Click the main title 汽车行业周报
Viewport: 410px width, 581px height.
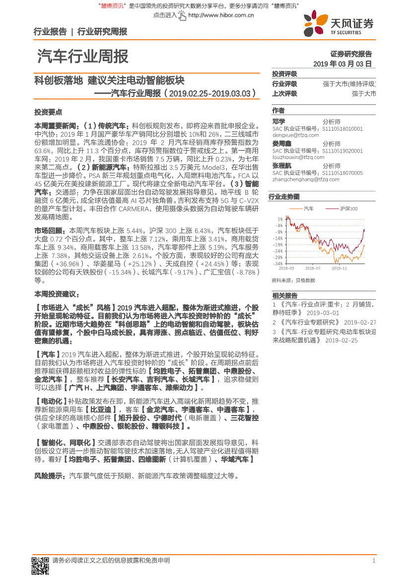[x=83, y=57]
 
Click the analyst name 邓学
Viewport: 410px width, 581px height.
[x=278, y=121]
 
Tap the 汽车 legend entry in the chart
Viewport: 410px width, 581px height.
[x=308, y=209]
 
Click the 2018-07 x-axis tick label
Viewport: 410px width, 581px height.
[x=312, y=268]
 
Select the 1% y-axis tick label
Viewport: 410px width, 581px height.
[x=280, y=219]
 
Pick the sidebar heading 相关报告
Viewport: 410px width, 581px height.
[x=285, y=296]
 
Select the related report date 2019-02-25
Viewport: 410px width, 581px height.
[x=342, y=340]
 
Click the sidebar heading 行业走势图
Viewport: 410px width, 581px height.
[x=284, y=197]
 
